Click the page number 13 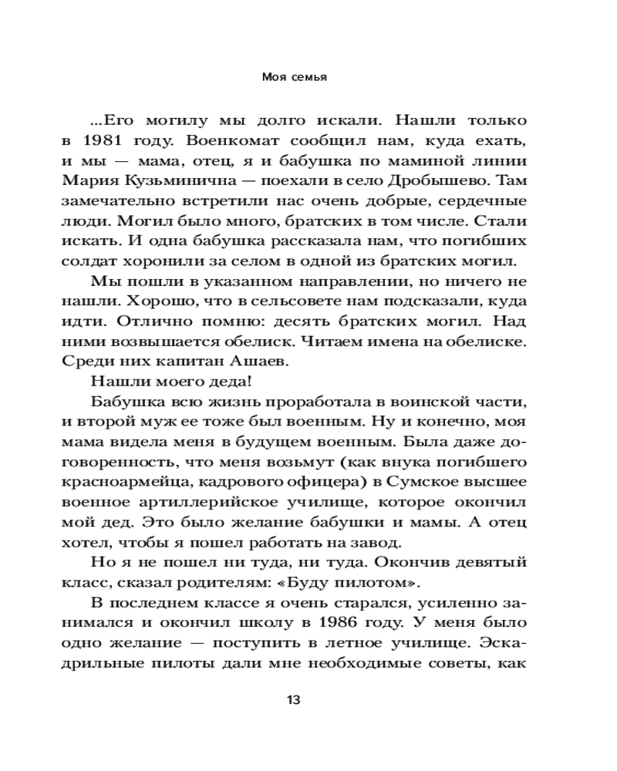point(294,701)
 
